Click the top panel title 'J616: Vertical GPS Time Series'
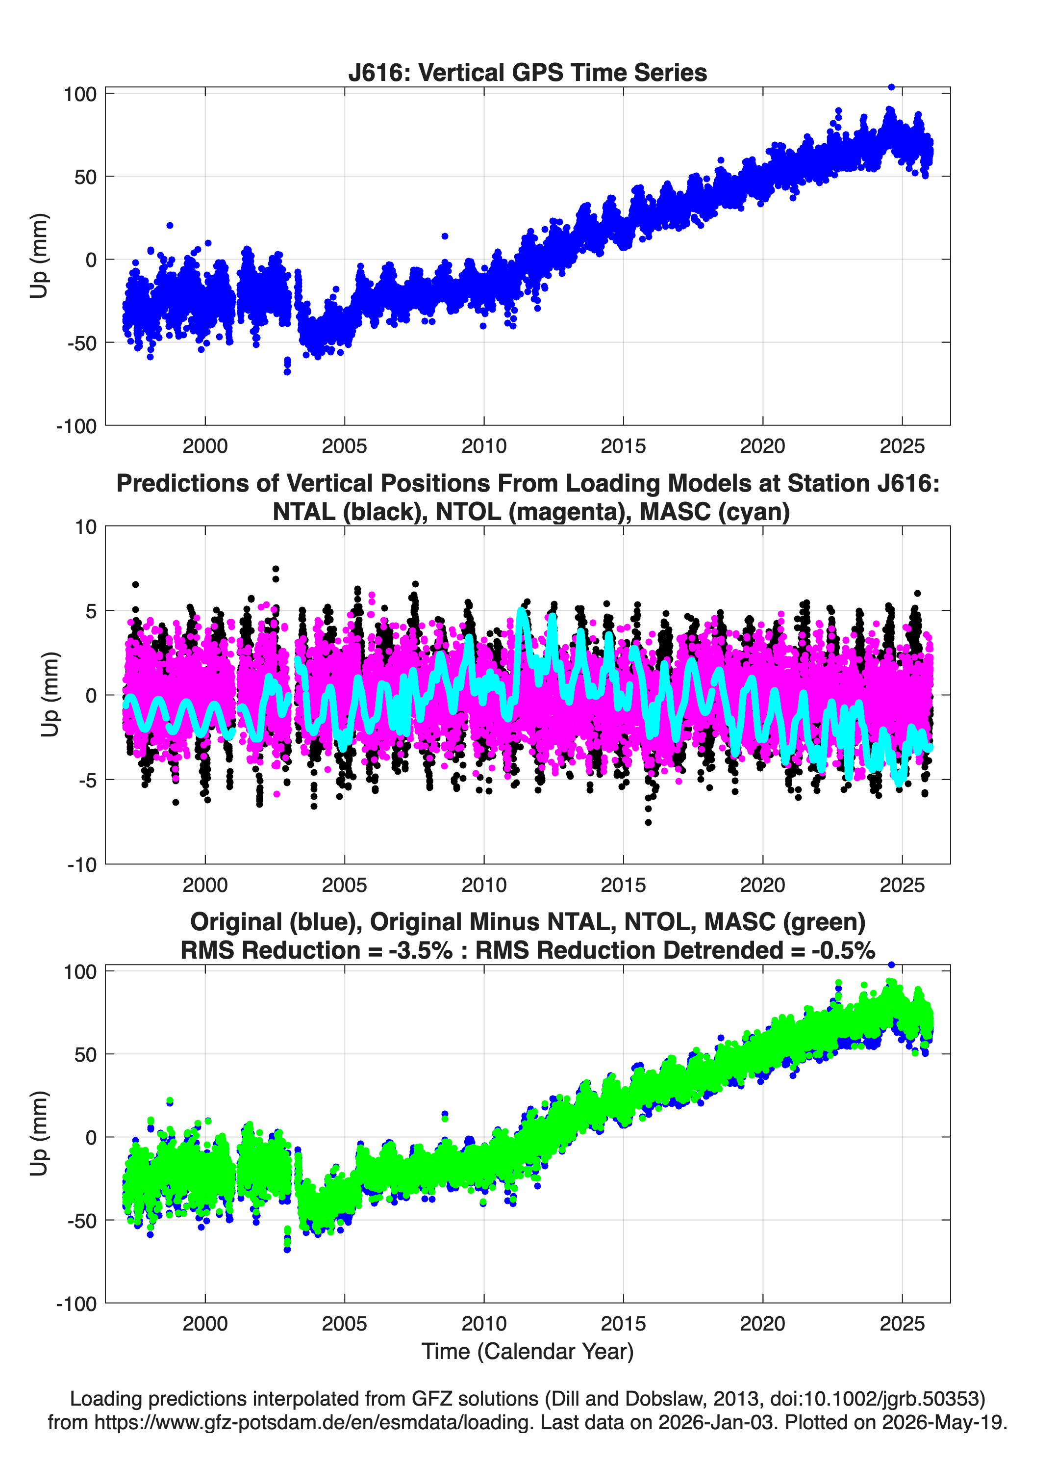point(528,72)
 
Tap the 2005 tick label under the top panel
point(344,446)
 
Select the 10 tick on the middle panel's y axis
point(86,526)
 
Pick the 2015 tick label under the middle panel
point(624,885)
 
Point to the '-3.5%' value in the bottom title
point(420,950)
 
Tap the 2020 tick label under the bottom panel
point(763,1324)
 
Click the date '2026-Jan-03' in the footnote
point(716,1422)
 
